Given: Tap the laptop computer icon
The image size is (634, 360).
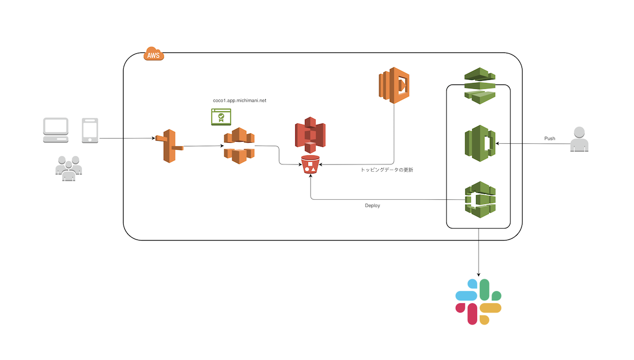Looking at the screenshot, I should [56, 131].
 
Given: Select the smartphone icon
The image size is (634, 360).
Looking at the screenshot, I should [90, 131].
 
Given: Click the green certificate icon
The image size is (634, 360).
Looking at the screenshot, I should [221, 117].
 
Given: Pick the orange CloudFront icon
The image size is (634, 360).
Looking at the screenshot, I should [239, 145].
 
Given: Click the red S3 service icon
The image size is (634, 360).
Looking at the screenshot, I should [310, 136].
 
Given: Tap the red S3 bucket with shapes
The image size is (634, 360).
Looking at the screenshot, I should [310, 166].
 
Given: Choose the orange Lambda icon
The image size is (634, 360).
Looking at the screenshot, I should [394, 82].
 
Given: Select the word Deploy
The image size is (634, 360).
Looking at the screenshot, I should [372, 206].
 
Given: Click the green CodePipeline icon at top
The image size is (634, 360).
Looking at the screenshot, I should [480, 84].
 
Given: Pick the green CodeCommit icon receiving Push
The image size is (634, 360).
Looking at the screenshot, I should [480, 142].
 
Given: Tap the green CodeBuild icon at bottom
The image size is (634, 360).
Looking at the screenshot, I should [480, 199].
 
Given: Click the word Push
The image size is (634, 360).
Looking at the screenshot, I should [549, 139].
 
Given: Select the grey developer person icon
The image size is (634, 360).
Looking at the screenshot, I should [579, 140].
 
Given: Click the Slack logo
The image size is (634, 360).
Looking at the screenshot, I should [479, 302].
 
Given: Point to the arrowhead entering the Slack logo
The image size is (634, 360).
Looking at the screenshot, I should [479, 275].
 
